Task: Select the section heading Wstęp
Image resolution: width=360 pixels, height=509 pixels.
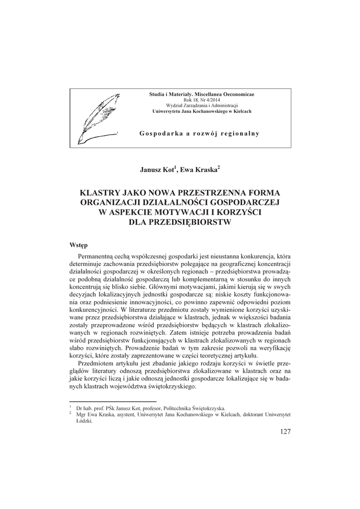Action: tap(79, 245)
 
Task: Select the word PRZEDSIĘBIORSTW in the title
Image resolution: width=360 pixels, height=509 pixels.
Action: tap(180, 222)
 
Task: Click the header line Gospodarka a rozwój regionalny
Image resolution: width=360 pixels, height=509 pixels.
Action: tap(200, 134)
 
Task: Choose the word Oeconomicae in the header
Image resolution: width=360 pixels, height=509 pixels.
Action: tap(236, 94)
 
